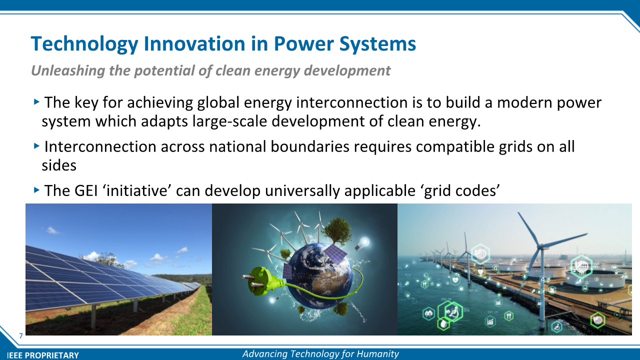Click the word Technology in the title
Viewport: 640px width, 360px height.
tap(84, 44)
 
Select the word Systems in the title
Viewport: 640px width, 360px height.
tap(377, 44)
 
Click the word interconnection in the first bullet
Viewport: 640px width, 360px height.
tap(352, 102)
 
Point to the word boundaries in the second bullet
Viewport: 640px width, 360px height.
tap(310, 146)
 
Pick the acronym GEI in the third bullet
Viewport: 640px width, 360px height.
tap(86, 190)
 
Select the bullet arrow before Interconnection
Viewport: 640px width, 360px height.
tap(36, 146)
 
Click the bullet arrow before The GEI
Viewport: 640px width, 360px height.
tap(36, 189)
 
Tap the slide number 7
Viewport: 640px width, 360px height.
tap(21, 335)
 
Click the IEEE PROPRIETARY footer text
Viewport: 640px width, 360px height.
tap(43, 355)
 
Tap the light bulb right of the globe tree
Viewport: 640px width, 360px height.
tap(363, 244)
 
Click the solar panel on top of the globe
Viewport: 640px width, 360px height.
tap(335, 253)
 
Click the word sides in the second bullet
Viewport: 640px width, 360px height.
tap(59, 165)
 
